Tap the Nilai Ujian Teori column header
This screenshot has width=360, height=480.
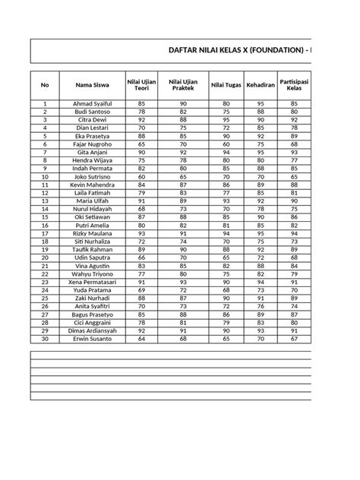click(x=142, y=85)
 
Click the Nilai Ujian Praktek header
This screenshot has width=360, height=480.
click(x=183, y=85)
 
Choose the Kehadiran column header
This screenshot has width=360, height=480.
click(x=261, y=85)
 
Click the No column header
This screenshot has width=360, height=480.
click(x=45, y=85)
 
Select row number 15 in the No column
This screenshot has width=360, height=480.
click(x=45, y=217)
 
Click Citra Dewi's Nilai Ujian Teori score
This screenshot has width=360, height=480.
click(x=142, y=120)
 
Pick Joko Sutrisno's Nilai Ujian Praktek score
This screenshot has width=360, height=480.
click(x=183, y=177)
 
